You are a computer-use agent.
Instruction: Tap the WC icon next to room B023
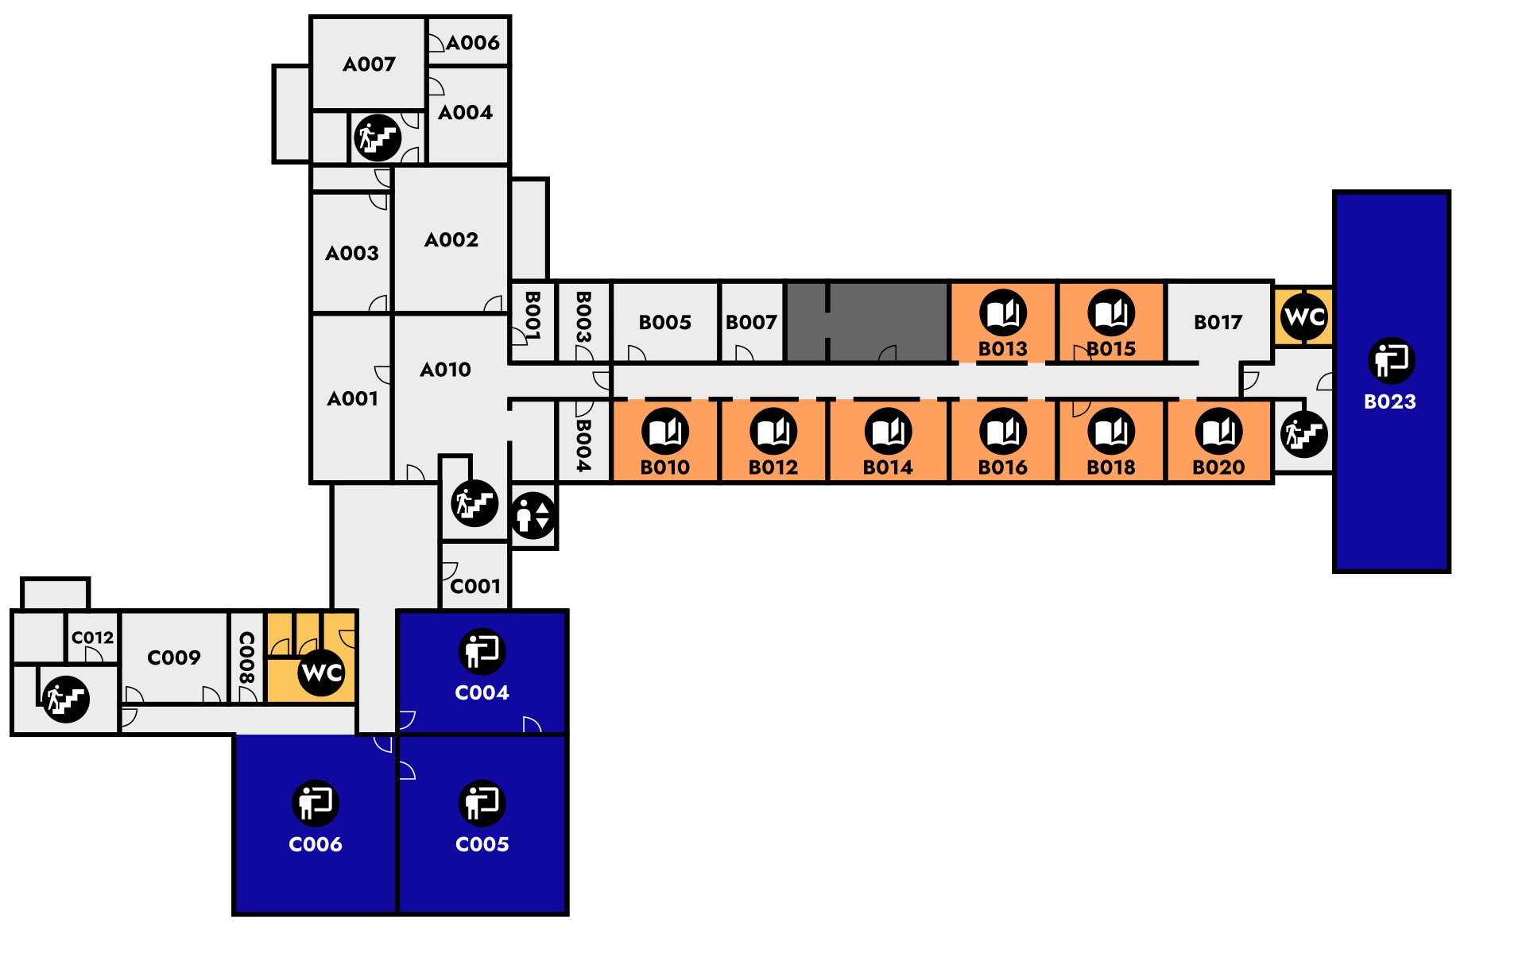[1304, 316]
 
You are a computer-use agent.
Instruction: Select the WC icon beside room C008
[322, 673]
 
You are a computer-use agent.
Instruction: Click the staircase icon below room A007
[378, 138]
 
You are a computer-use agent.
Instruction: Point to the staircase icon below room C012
[66, 699]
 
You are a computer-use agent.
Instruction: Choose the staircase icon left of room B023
[1304, 434]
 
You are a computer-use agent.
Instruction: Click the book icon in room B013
[1003, 312]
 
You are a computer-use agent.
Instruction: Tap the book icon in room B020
[1218, 432]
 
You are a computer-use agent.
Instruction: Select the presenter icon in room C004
[482, 651]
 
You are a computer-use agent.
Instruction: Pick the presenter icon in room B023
[1391, 360]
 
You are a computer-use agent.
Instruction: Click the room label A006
[473, 43]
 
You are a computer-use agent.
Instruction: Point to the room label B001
[533, 315]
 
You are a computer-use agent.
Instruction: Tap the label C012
[93, 638]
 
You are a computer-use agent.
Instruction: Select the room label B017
[1218, 322]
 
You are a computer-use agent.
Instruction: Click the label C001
[475, 587]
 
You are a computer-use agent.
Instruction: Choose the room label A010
[445, 370]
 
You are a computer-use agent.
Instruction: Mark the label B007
[751, 322]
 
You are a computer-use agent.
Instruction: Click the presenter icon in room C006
[316, 802]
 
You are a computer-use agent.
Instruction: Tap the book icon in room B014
[889, 432]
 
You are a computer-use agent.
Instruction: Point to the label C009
[174, 657]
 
